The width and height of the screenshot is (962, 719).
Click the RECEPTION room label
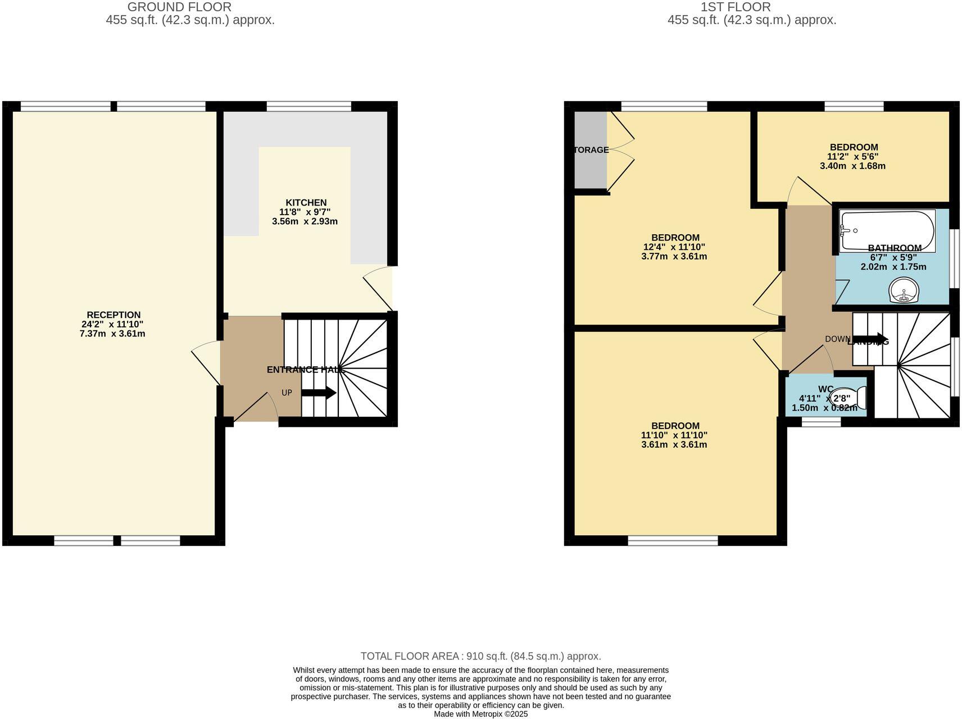(114, 315)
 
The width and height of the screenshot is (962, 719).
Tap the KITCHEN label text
(306, 202)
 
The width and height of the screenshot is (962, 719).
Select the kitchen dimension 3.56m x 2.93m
(305, 221)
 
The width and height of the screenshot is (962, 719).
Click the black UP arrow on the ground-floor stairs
(319, 393)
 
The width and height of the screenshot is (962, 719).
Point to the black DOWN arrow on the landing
(870, 339)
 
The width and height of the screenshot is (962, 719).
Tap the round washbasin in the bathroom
(904, 291)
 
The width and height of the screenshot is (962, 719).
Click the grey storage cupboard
(591, 150)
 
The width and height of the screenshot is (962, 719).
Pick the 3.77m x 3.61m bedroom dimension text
(674, 257)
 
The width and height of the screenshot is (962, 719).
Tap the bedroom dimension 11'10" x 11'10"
(674, 435)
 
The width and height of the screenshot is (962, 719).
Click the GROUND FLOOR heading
(179, 7)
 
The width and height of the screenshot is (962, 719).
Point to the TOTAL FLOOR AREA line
(480, 656)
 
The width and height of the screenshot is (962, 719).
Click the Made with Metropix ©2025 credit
(480, 714)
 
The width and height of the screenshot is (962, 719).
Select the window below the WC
(821, 422)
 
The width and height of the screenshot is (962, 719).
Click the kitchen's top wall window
(308, 106)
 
